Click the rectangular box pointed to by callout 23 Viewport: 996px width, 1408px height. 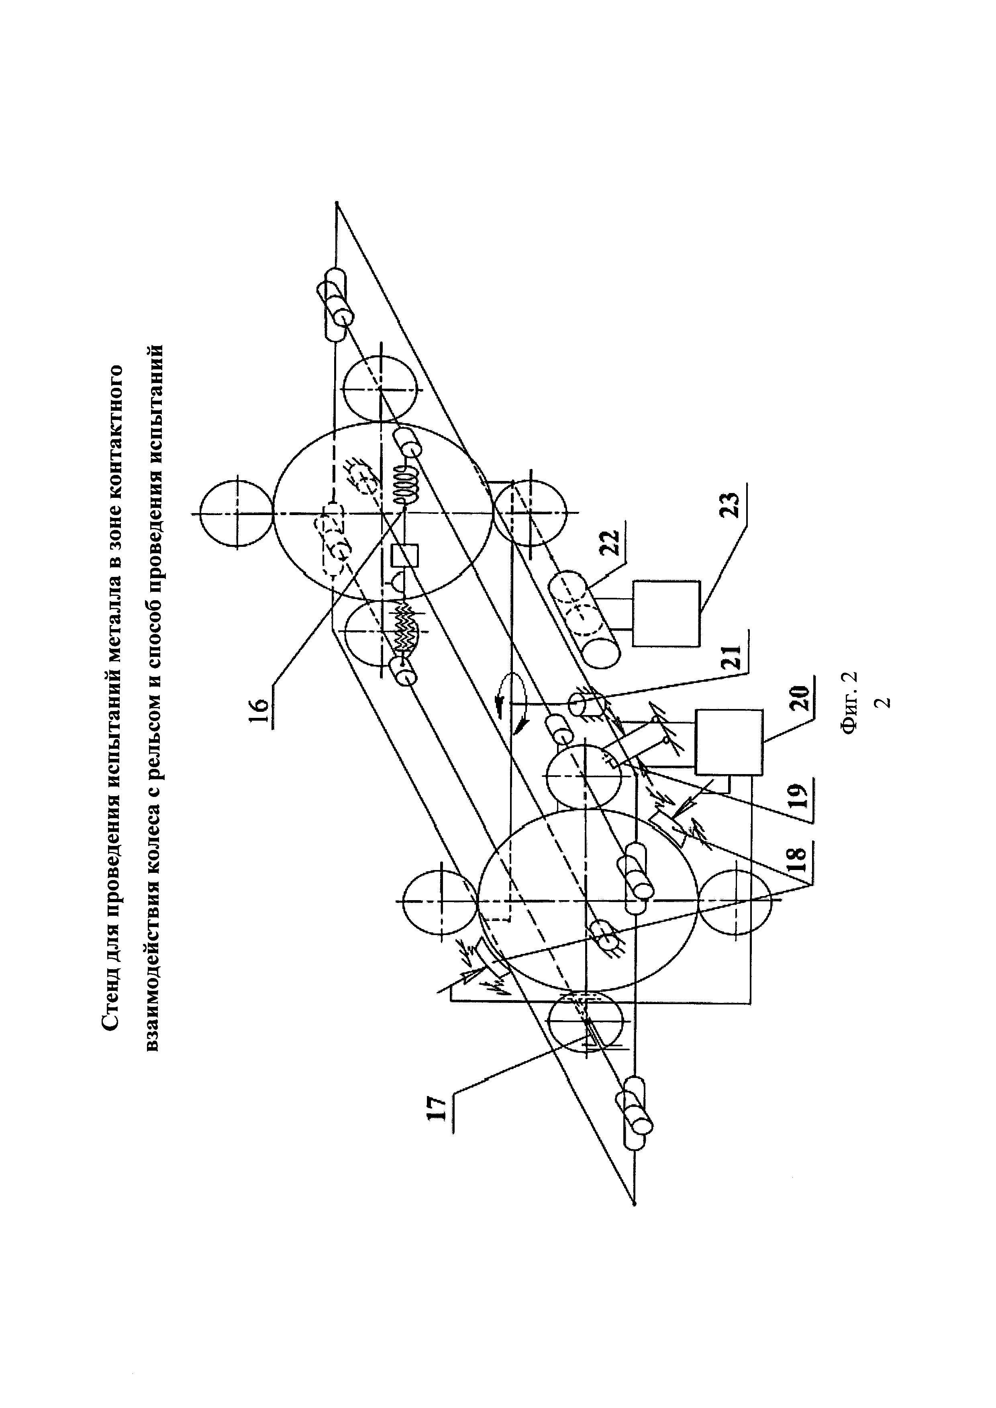[666, 613]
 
